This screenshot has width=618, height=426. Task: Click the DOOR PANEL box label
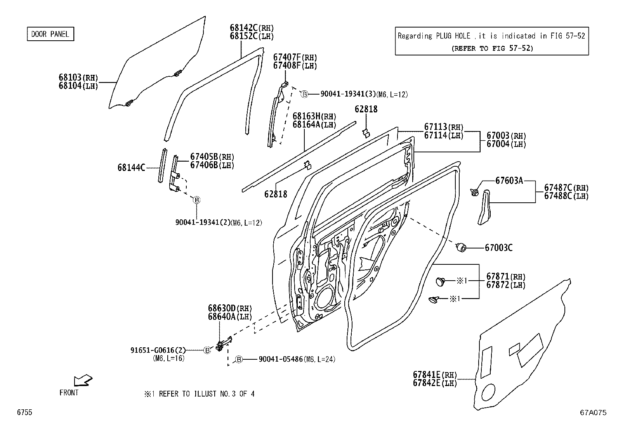point(50,34)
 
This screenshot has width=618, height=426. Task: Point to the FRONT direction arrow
point(83,380)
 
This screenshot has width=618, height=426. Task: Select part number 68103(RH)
point(78,78)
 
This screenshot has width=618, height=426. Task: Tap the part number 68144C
point(131,168)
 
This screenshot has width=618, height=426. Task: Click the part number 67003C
point(498,248)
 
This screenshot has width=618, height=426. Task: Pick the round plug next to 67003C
point(462,247)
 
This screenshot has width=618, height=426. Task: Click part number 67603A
point(509,180)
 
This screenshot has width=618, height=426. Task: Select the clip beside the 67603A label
point(474,191)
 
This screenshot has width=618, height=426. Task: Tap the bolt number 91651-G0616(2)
point(158,350)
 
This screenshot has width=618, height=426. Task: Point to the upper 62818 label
point(366,109)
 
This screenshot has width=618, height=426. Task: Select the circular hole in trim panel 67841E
point(488,393)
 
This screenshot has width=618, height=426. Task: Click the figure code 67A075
point(593,413)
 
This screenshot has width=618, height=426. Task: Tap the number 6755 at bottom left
point(24,412)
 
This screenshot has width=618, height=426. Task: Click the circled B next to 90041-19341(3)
point(305,94)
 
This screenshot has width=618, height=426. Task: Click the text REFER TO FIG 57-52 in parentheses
point(492,48)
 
